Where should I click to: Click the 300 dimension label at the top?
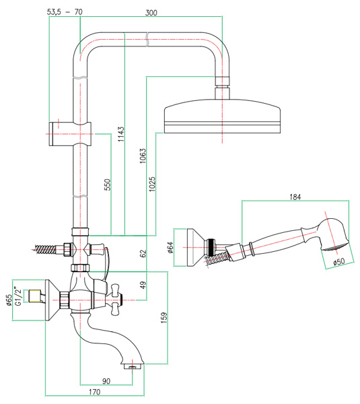tap(151, 13)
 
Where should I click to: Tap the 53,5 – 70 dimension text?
tap(65, 12)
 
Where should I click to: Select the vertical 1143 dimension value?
tap(120, 134)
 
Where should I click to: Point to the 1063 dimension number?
tap(143, 156)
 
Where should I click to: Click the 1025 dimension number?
tap(152, 184)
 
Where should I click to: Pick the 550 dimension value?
tap(108, 184)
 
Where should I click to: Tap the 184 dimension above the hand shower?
tap(295, 197)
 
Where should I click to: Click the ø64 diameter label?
tap(170, 248)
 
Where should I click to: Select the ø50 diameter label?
tap(339, 262)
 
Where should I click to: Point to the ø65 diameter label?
tap(9, 300)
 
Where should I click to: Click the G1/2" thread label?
tap(17, 296)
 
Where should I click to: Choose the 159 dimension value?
tap(164, 318)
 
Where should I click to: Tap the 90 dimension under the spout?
tap(106, 381)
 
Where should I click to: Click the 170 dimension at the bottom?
tap(94, 392)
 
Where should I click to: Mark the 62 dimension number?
tap(144, 253)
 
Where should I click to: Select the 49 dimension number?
tap(143, 285)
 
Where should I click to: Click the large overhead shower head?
tap(222, 116)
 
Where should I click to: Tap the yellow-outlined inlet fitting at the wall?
tap(35, 296)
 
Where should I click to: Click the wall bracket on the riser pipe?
tap(70, 134)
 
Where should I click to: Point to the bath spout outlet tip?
tap(133, 367)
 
